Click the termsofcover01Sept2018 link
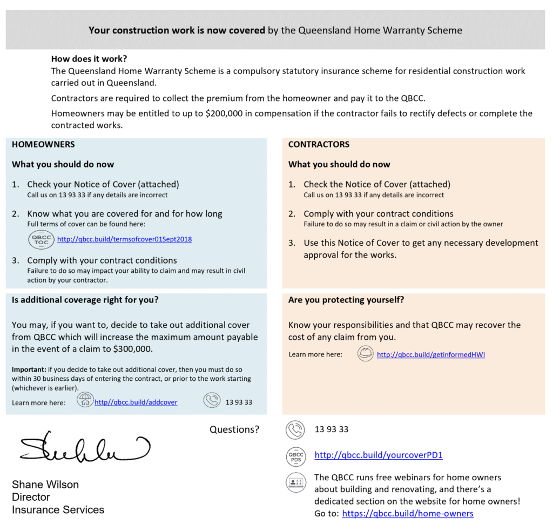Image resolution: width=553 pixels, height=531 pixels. tap(124, 239)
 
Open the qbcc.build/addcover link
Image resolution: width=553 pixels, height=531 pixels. tap(136, 402)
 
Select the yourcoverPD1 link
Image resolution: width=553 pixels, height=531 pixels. tap(378, 455)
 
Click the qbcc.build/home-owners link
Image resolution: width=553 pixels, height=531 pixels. tap(408, 514)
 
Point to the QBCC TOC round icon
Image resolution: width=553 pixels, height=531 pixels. tap(41, 239)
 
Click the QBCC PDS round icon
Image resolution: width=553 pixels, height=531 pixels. tap(295, 456)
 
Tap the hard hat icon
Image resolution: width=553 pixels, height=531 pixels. tap(366, 354)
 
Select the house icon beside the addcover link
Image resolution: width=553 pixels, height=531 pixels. tap(85, 401)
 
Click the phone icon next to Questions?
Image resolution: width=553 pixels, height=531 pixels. tap(295, 430)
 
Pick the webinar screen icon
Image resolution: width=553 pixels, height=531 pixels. tap(295, 482)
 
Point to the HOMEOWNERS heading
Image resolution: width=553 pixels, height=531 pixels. tap(43, 145)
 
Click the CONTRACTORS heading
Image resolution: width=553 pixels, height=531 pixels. tap(319, 145)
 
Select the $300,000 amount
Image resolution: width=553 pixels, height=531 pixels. tap(132, 349)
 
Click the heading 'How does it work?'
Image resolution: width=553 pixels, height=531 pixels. tap(89, 59)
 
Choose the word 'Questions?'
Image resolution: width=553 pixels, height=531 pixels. tap(234, 429)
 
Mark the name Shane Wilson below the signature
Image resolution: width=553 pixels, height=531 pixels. tap(45, 485)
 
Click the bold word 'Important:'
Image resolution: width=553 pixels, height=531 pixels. tap(29, 369)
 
